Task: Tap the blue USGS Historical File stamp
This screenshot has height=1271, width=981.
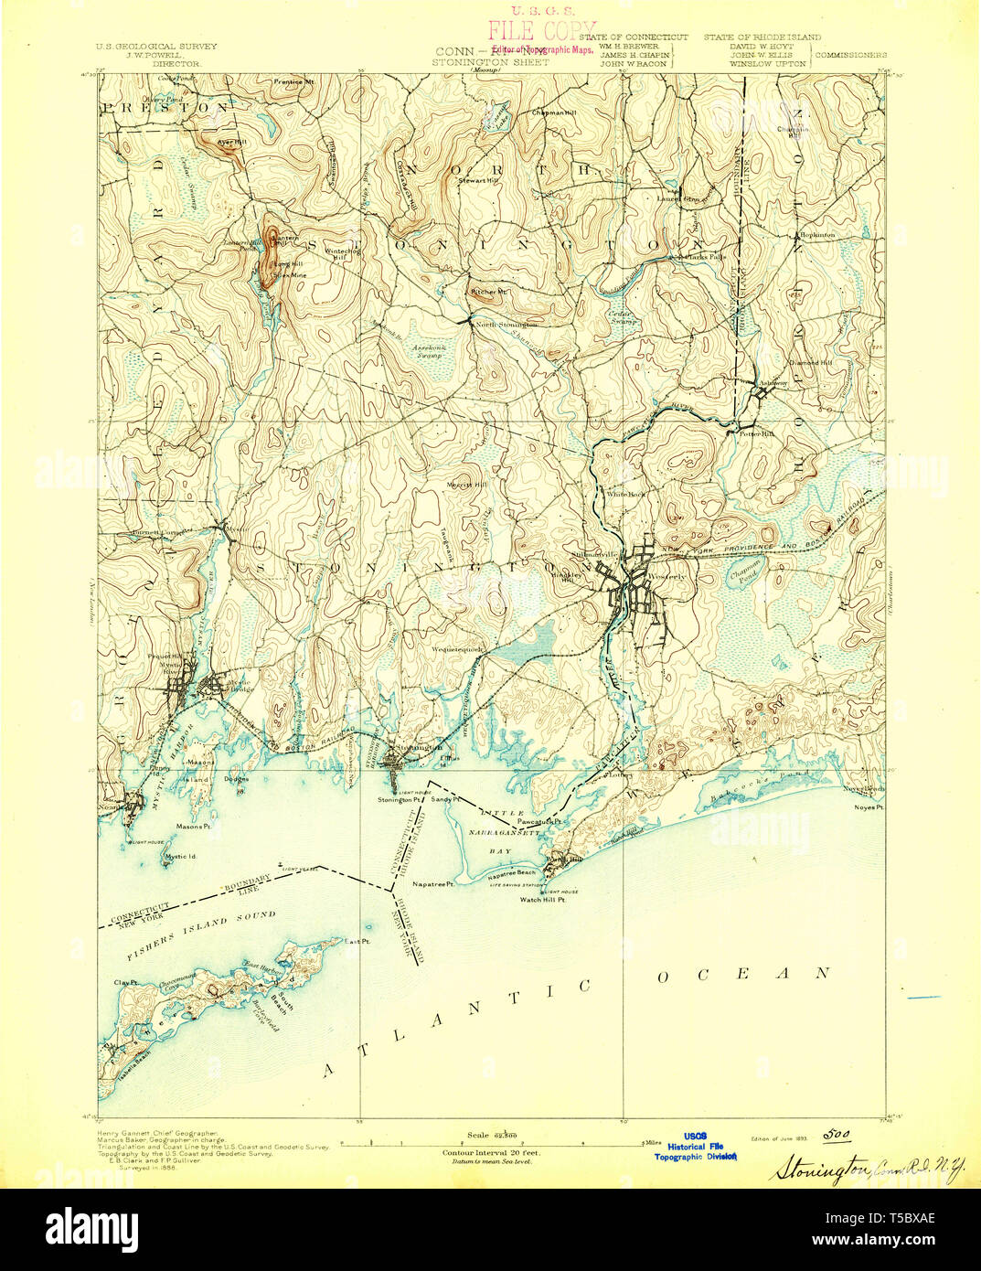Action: click(x=694, y=1146)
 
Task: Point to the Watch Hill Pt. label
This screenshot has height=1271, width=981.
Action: click(x=543, y=900)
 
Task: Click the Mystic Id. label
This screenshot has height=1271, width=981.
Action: click(x=181, y=857)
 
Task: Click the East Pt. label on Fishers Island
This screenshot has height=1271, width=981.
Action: click(x=358, y=940)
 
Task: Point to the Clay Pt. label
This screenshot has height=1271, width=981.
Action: click(x=125, y=983)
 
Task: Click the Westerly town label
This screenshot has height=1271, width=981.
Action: click(x=671, y=578)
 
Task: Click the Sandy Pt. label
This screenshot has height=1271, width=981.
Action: click(x=443, y=799)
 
